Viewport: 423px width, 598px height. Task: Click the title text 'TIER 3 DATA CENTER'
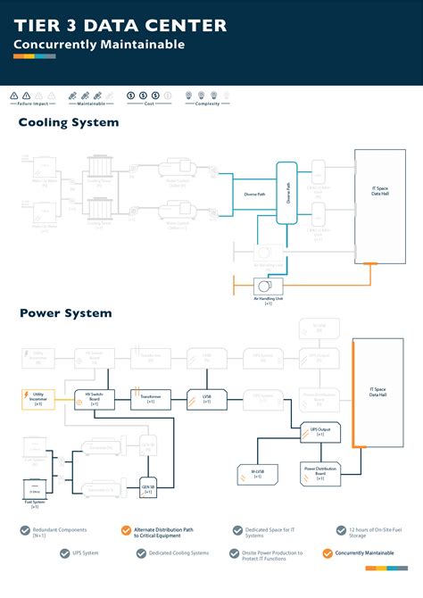[120, 26]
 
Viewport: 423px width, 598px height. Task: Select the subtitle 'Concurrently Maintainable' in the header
[98, 44]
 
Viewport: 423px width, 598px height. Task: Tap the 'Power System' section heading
[65, 313]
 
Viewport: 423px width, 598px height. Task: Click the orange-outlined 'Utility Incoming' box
[38, 399]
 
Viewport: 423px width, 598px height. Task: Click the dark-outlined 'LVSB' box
[206, 399]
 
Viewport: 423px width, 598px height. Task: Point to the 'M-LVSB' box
[257, 473]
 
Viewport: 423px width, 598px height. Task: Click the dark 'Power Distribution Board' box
[319, 473]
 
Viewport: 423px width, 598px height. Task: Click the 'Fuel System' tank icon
[35, 490]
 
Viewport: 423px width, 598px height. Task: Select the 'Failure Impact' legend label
[37, 104]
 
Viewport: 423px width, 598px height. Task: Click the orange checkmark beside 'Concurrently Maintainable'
[328, 553]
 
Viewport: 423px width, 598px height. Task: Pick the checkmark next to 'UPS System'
[65, 553]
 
